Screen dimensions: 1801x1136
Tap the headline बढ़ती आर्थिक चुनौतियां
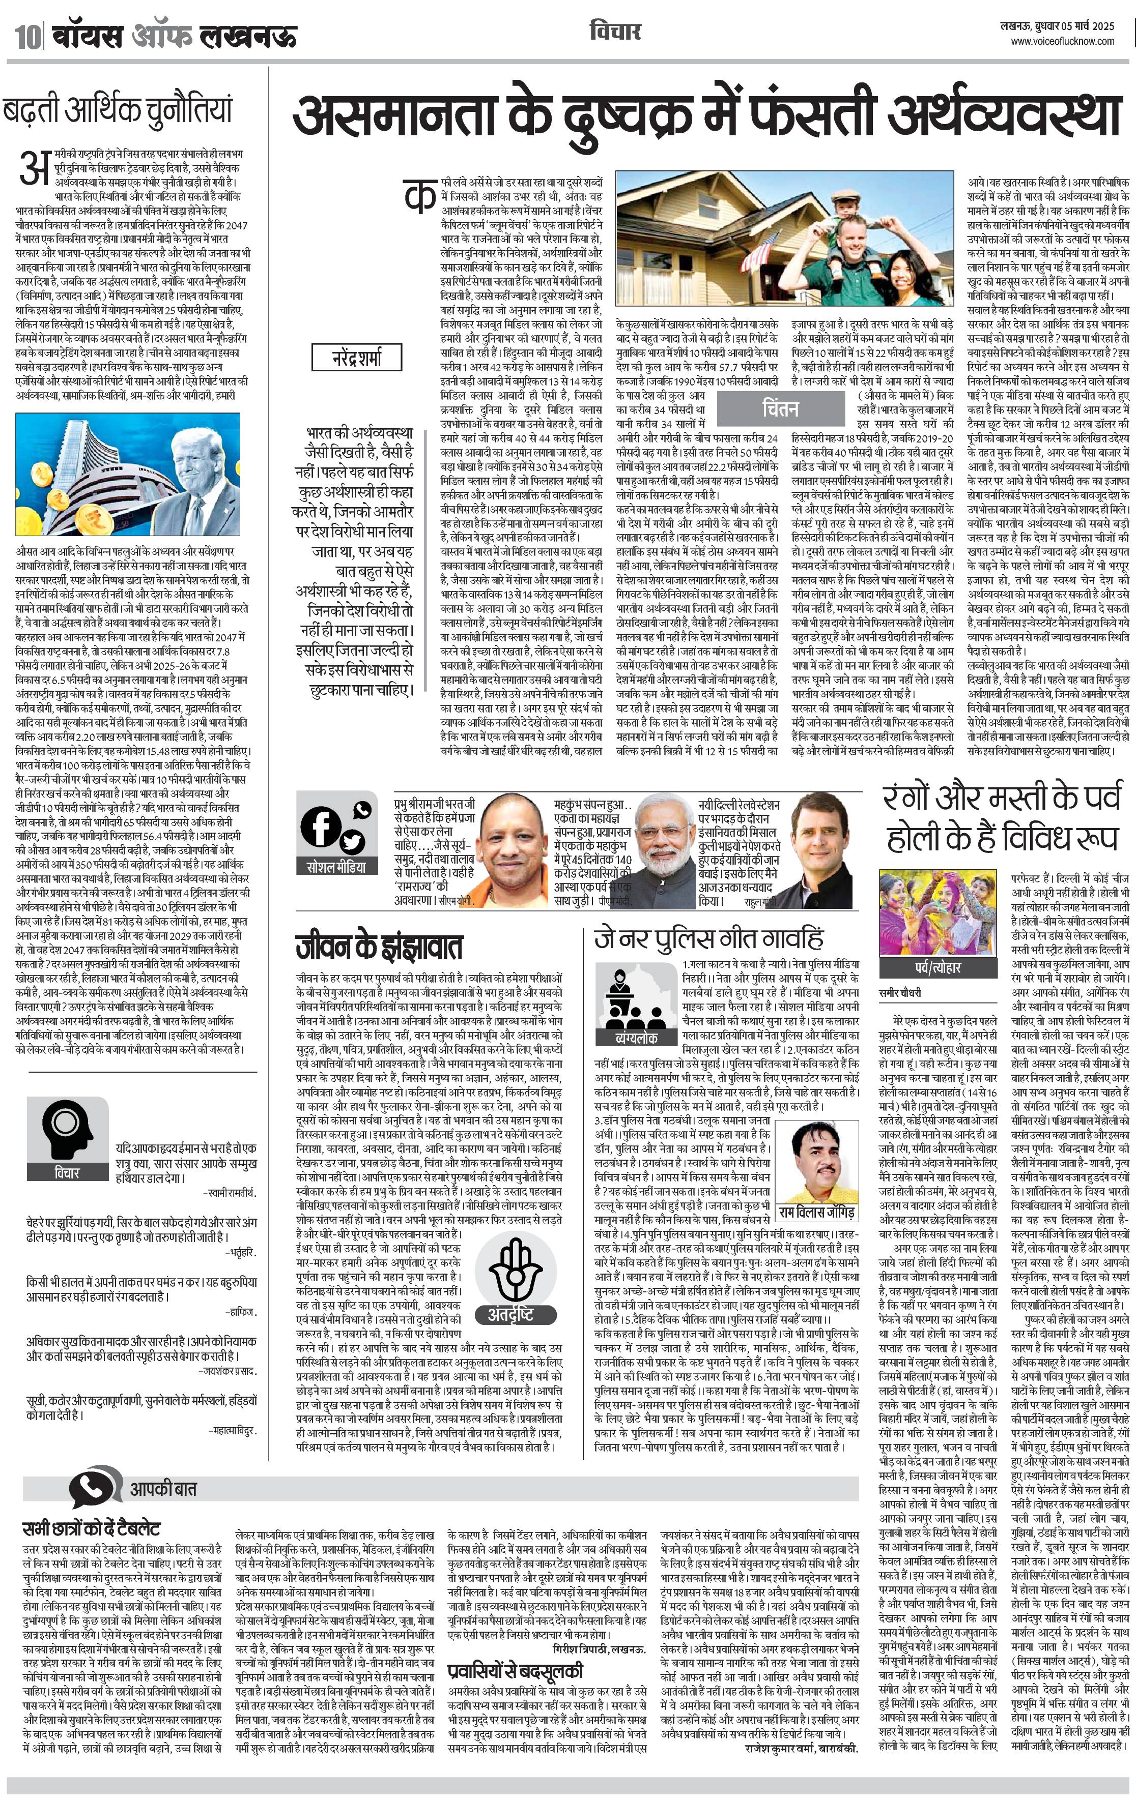tap(118, 110)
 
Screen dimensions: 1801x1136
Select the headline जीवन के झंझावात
tap(379, 947)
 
